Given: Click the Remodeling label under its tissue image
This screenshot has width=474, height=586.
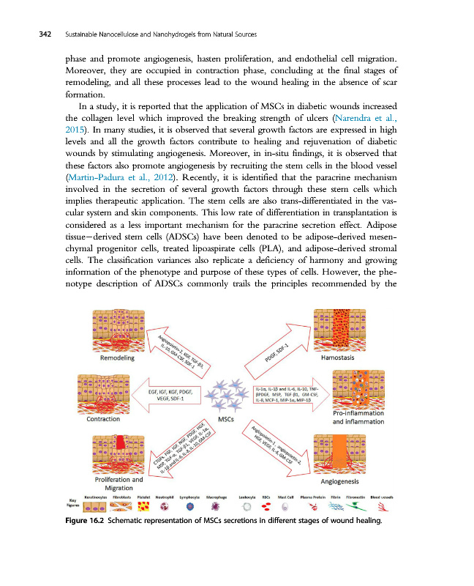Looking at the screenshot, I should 122,359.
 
